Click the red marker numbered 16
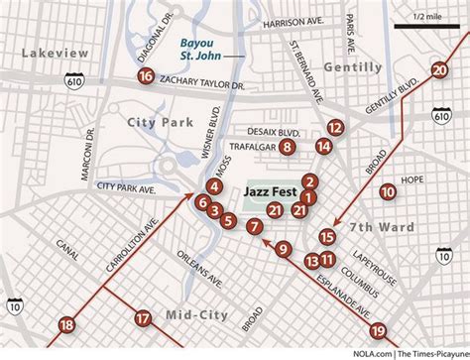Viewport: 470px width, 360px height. coord(146,75)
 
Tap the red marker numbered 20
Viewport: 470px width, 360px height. coord(439,69)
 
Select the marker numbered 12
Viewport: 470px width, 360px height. coord(335,127)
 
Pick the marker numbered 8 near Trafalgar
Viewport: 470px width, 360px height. coord(288,147)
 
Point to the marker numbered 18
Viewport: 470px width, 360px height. coord(66,324)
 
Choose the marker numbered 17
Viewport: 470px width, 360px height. coord(144,318)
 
